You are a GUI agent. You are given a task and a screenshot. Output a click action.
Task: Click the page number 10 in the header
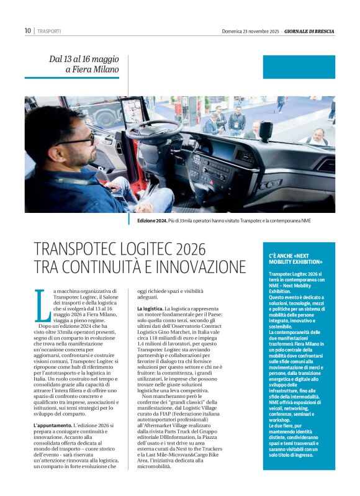tap(28, 30)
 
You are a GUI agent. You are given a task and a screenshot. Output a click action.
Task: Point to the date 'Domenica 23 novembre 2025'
tap(250, 31)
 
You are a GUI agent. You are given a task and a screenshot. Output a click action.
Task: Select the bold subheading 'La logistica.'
tap(150, 309)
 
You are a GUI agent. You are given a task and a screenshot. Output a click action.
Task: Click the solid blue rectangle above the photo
tap(299, 67)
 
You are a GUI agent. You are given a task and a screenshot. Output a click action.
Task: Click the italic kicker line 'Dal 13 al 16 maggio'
tap(84, 59)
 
